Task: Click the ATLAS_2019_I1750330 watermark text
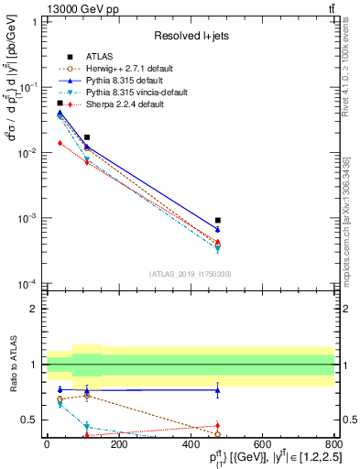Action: click(191, 274)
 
